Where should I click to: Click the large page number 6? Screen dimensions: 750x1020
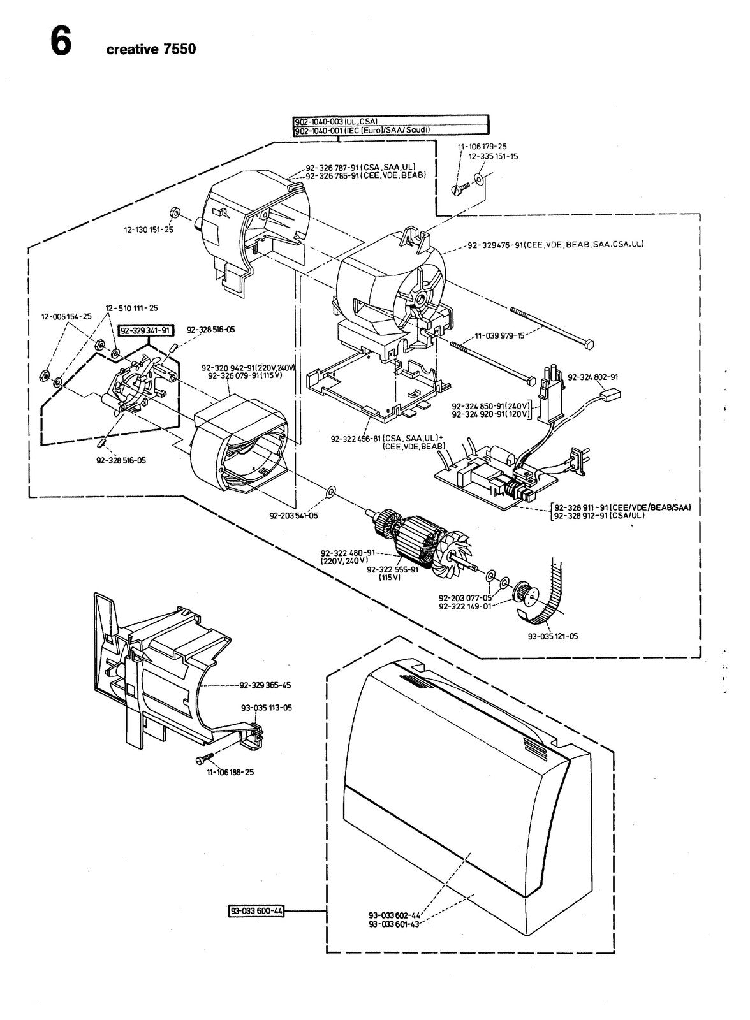tap(61, 40)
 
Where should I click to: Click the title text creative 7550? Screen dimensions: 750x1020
tap(151, 49)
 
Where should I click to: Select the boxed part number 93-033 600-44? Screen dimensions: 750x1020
tap(256, 911)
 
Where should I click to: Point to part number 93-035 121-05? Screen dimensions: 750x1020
tap(553, 636)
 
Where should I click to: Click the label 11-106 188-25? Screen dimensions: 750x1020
tap(230, 772)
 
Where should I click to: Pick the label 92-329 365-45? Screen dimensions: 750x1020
tap(265, 685)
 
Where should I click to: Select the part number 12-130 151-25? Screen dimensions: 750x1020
tap(149, 229)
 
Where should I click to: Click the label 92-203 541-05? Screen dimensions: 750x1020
tap(294, 516)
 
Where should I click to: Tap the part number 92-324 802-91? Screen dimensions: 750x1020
tap(593, 377)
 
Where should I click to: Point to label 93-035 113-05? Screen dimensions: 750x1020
tap(267, 708)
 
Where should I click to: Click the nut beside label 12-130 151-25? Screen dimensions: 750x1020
tap(173, 212)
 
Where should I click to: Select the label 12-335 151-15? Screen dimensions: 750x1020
tap(494, 156)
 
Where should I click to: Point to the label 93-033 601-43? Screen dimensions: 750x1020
tap(393, 924)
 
